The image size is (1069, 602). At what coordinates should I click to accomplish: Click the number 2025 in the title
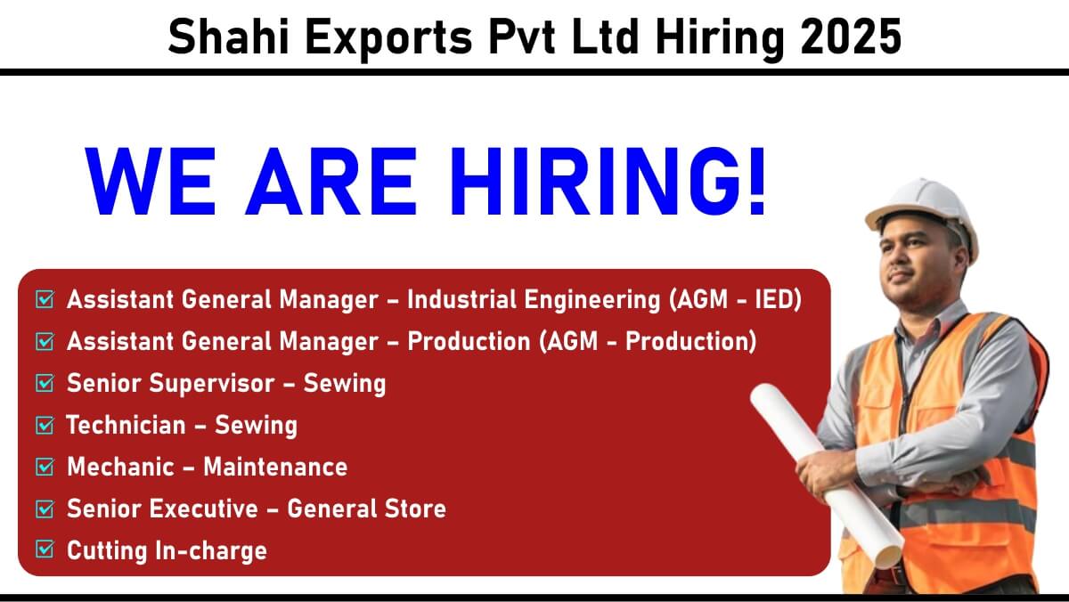[x=851, y=37]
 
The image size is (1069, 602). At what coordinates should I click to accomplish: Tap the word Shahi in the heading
[x=228, y=37]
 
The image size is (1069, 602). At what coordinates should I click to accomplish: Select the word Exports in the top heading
[x=388, y=39]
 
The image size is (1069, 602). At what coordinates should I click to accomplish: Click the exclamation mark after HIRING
[x=757, y=181]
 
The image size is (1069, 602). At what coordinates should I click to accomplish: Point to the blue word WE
[x=151, y=181]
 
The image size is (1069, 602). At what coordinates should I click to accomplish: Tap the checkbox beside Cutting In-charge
[x=45, y=549]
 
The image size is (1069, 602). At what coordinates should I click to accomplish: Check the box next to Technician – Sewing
[x=45, y=425]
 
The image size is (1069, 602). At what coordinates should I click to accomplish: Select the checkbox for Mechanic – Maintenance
[x=45, y=467]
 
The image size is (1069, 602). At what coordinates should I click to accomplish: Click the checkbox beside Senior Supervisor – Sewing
[x=45, y=383]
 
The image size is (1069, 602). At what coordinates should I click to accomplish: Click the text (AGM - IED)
[x=736, y=300]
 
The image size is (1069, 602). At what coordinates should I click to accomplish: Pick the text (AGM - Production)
[x=649, y=342]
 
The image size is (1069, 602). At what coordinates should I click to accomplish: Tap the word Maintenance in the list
[x=275, y=467]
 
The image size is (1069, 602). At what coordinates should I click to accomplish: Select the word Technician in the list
[x=126, y=425]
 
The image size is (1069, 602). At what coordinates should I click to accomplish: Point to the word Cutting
[x=107, y=551]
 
